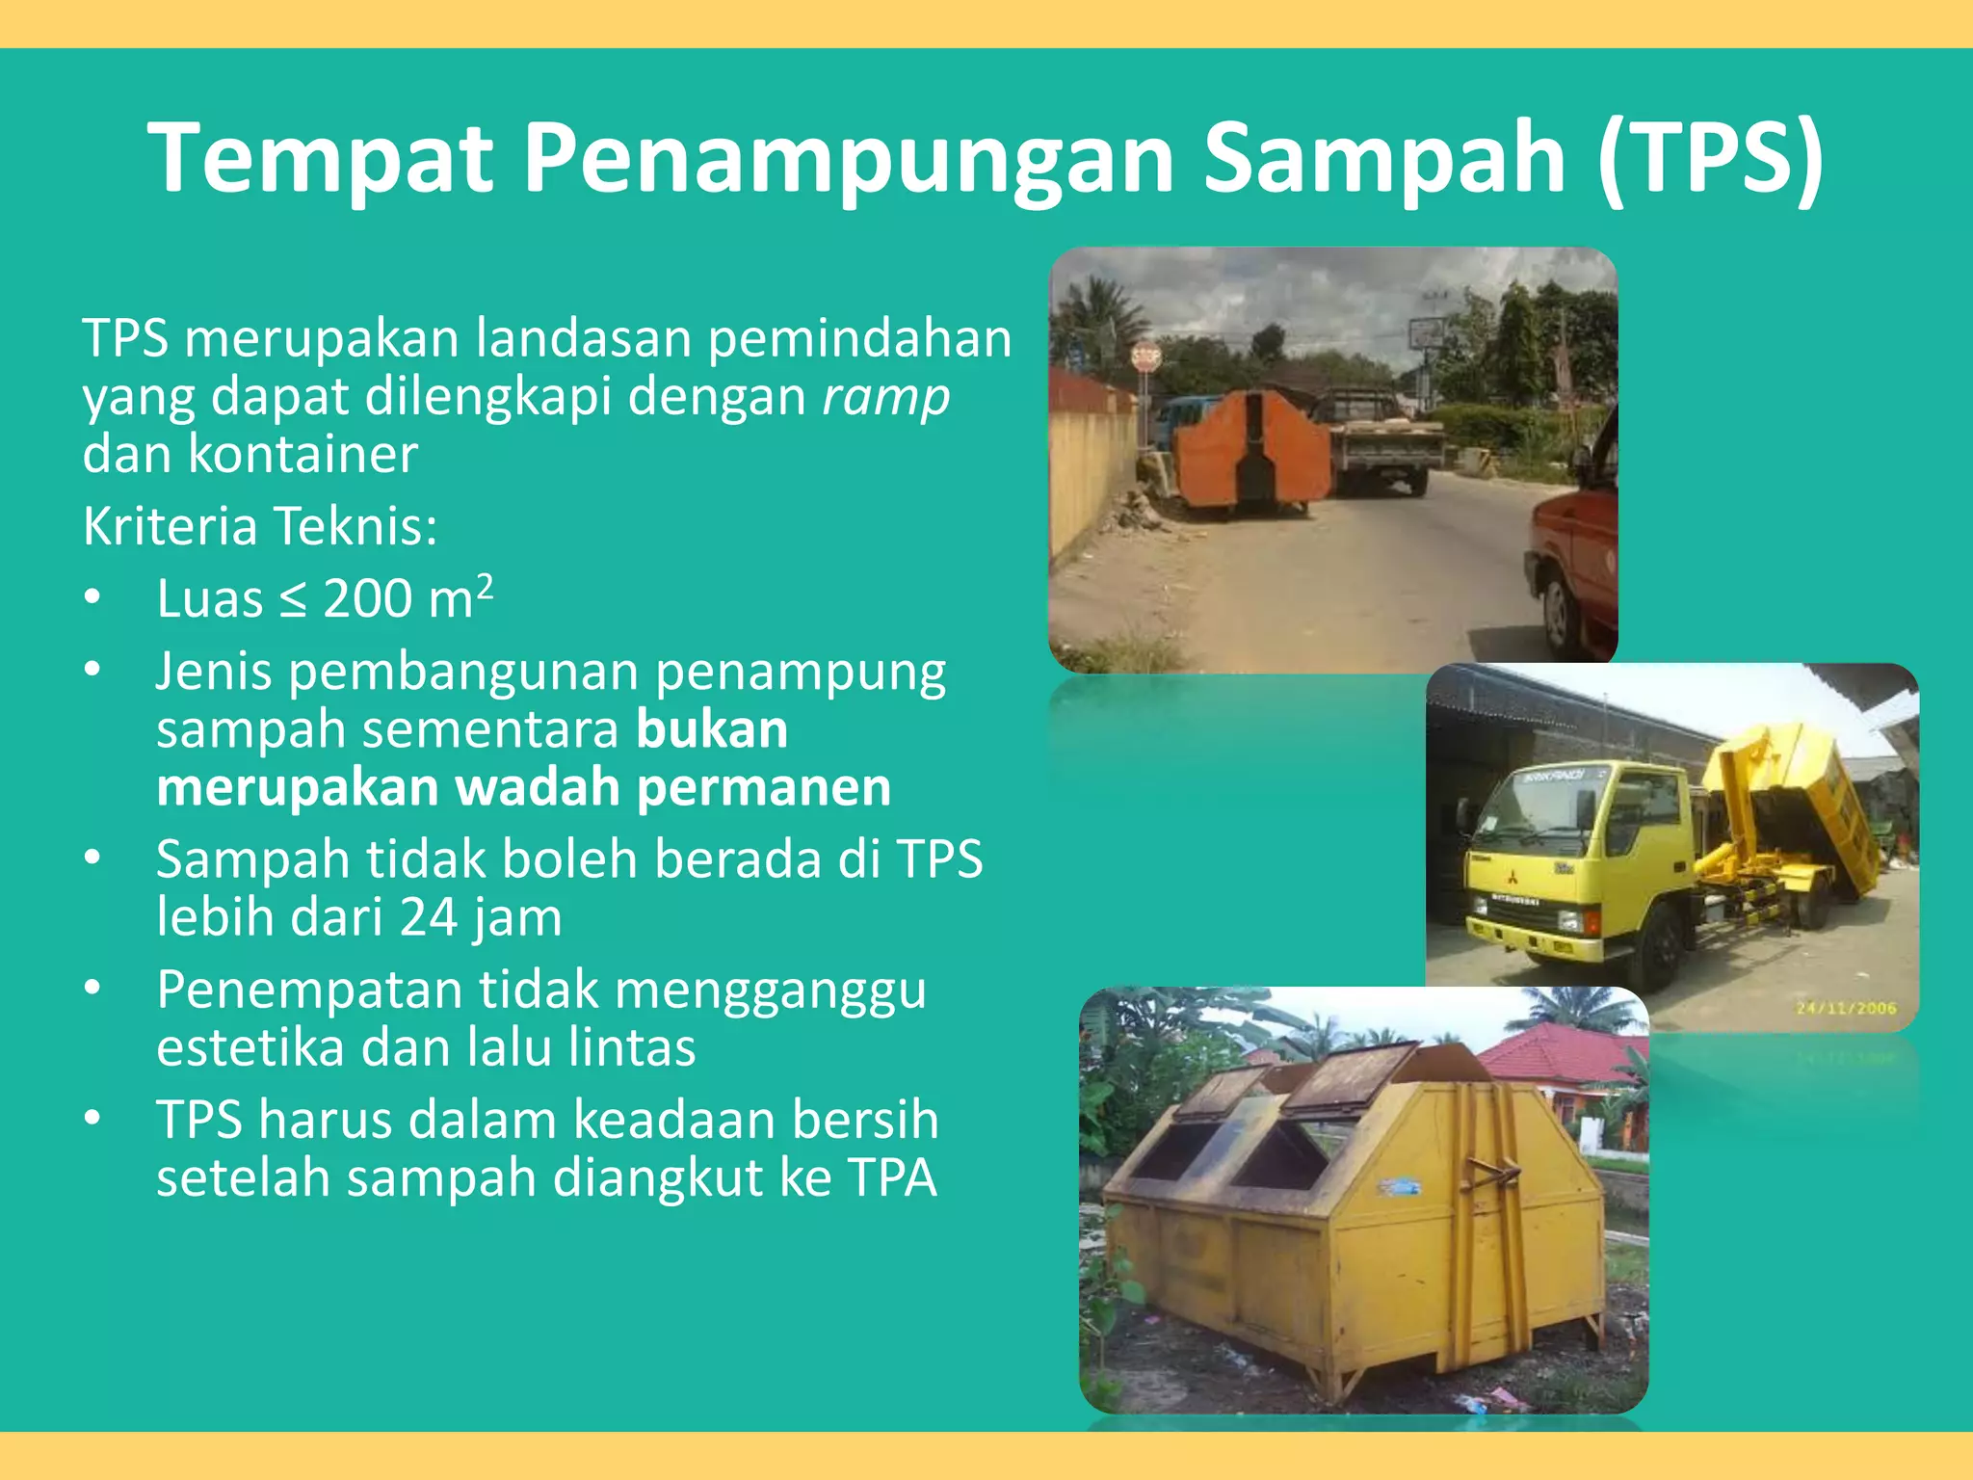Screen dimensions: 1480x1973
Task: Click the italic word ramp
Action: (x=886, y=397)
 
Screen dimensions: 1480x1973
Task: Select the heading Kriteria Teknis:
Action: (x=260, y=526)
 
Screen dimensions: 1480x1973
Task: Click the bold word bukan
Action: (x=712, y=729)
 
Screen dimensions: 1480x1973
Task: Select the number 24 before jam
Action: (x=429, y=917)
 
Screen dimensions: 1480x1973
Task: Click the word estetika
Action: (x=248, y=1047)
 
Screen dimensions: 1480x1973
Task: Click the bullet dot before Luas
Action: (x=92, y=597)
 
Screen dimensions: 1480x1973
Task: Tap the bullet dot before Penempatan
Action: (x=92, y=988)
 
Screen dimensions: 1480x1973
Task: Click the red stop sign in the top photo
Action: (x=1145, y=358)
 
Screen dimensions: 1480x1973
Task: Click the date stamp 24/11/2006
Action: (x=1846, y=1008)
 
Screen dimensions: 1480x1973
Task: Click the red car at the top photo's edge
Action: (x=1574, y=559)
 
